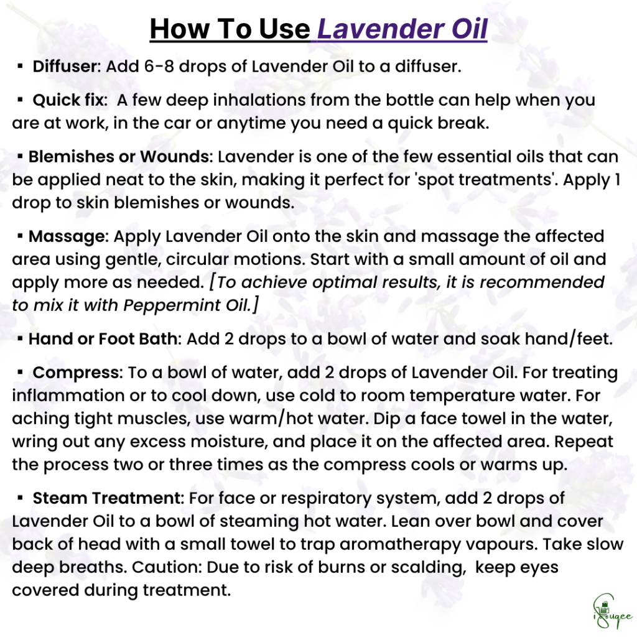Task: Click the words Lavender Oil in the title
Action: click(402, 29)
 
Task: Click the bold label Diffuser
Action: click(66, 66)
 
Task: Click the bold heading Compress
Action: click(77, 373)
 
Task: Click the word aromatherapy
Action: click(400, 545)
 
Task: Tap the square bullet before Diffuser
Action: click(20, 66)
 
